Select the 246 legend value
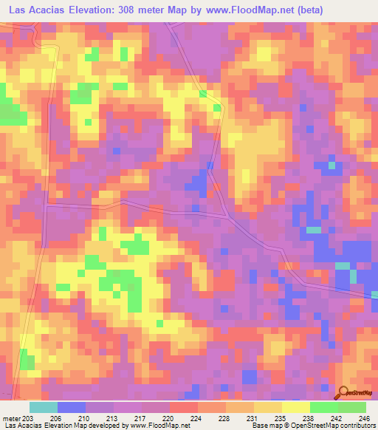point(363,417)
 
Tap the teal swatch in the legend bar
point(44,407)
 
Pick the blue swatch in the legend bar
point(72,407)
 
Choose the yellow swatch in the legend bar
point(296,407)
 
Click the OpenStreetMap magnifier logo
point(344,393)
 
